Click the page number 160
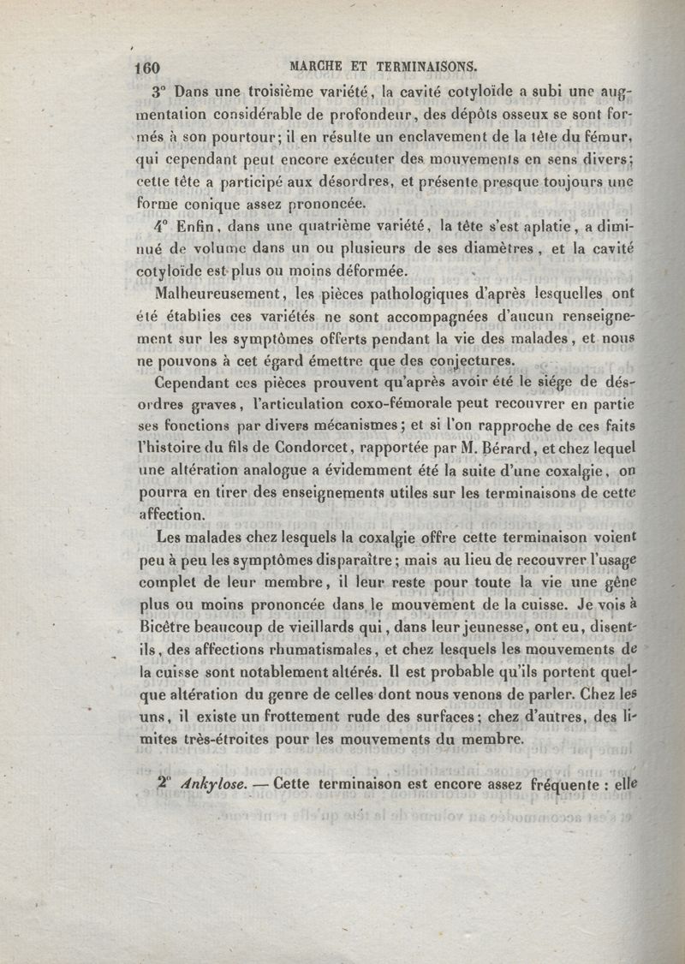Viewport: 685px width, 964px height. pos(148,68)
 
